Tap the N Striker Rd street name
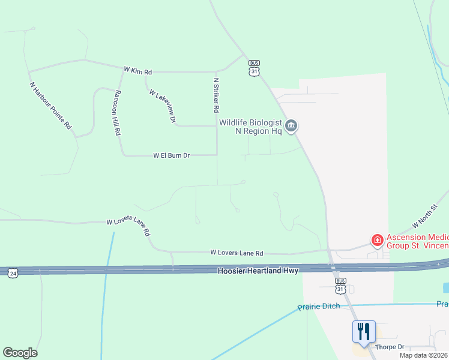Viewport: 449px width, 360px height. point(215,95)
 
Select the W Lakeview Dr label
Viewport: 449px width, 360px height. point(162,107)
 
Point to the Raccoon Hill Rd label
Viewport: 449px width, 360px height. point(118,112)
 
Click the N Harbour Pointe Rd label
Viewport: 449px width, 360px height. point(50,106)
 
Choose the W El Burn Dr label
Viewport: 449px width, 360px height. point(171,155)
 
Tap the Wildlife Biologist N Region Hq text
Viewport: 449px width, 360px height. point(250,127)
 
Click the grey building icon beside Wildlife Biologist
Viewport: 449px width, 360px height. point(291,126)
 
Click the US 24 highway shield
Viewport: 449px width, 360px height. point(13,274)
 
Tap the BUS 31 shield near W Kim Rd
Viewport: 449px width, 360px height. point(255,68)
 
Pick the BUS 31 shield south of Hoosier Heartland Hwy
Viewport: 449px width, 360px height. point(340,285)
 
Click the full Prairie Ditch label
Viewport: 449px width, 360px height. point(319,307)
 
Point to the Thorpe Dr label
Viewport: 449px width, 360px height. point(392,347)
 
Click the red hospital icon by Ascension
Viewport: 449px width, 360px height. point(378,241)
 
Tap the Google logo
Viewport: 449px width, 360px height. point(20,353)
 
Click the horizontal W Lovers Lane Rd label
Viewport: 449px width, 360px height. point(236,254)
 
